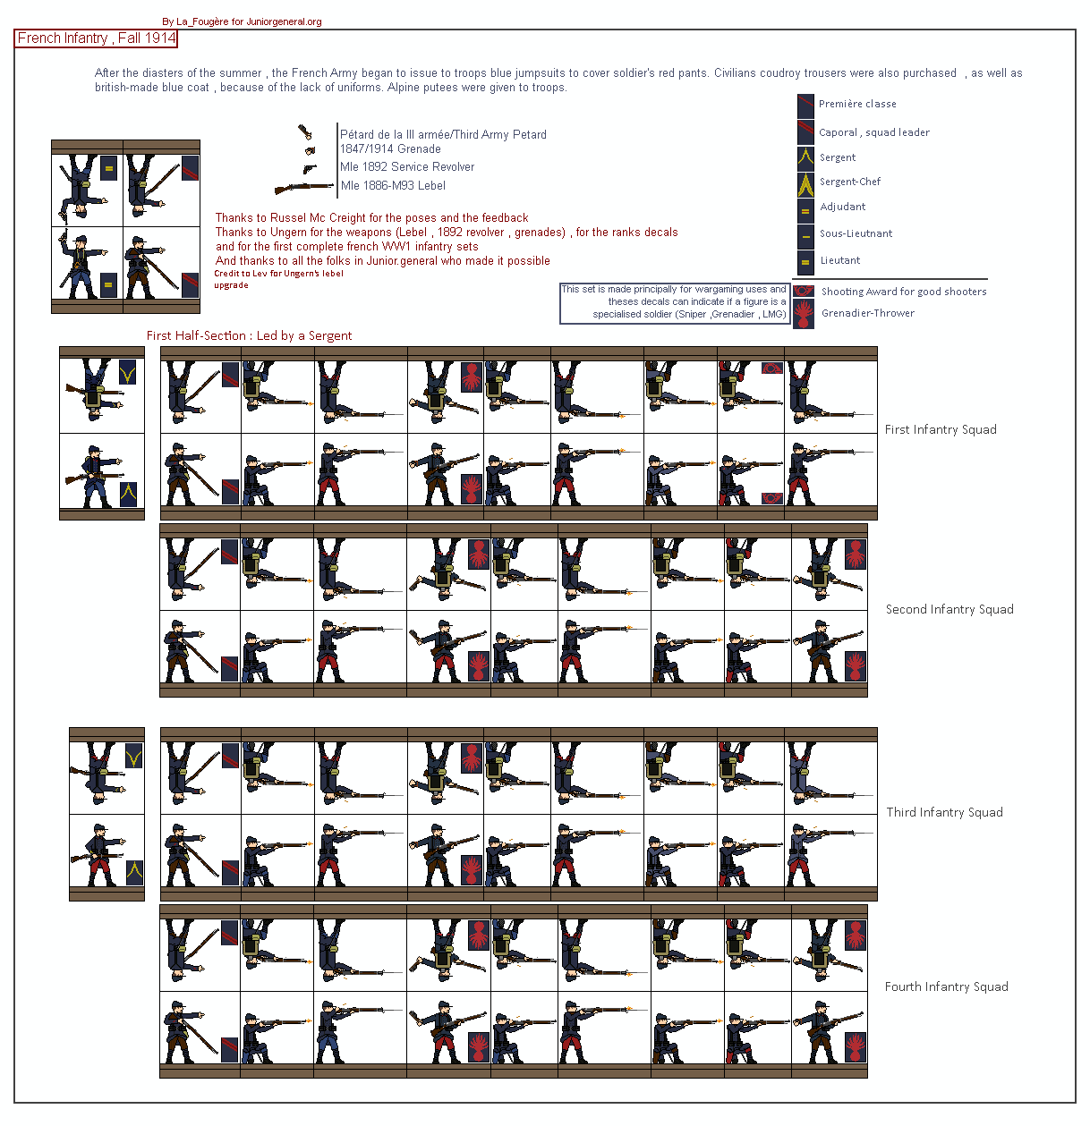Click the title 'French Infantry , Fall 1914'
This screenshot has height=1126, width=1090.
click(96, 38)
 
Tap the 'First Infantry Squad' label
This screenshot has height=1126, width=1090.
click(940, 429)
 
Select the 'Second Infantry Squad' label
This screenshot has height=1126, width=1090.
click(949, 609)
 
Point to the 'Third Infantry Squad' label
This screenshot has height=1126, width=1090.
click(944, 812)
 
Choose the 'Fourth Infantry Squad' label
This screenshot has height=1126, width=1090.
click(947, 986)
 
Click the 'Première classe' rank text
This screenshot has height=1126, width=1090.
click(857, 104)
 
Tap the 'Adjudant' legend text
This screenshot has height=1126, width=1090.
click(842, 207)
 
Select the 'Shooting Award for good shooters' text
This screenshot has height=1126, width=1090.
click(904, 292)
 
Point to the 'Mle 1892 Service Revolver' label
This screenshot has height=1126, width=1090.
click(407, 166)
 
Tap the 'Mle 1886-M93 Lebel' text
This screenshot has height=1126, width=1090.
click(393, 186)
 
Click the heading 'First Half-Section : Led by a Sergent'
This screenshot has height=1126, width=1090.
click(249, 335)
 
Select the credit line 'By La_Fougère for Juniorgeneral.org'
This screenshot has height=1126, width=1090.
click(242, 22)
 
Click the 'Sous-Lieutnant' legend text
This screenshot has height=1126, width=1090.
click(856, 233)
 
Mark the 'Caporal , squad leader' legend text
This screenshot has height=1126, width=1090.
click(874, 132)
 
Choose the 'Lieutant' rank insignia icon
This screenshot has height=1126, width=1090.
click(805, 262)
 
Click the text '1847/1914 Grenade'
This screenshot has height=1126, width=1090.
click(390, 148)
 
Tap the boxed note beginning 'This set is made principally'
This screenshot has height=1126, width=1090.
click(675, 303)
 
